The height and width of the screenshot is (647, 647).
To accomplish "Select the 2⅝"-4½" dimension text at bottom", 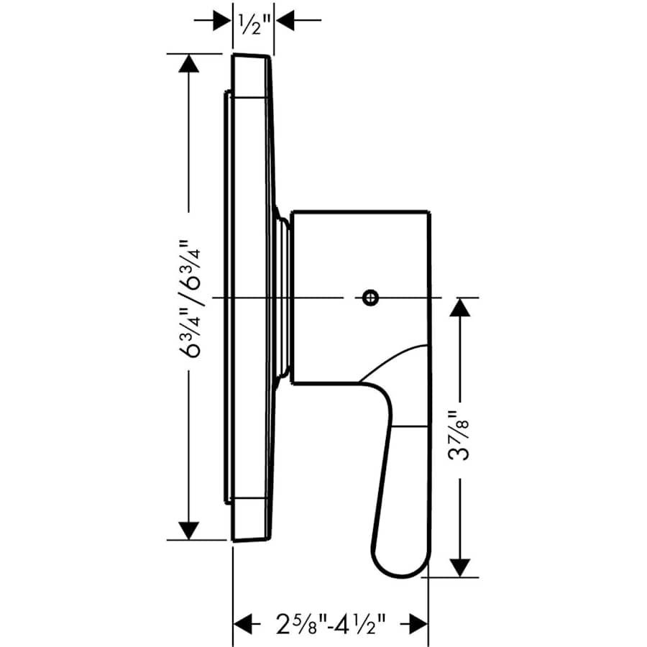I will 328,622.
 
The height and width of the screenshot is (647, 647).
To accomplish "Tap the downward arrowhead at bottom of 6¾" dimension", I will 188,530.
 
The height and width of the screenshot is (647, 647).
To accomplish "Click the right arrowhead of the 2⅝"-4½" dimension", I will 417,622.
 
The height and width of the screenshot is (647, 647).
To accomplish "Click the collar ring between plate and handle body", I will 283,296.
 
